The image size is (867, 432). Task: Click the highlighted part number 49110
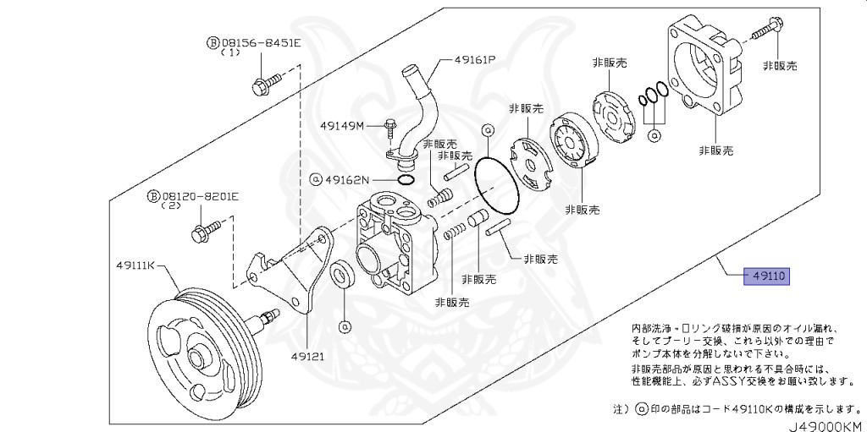tap(766, 276)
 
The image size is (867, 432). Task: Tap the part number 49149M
tap(342, 126)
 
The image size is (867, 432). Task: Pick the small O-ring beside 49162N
tap(405, 179)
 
